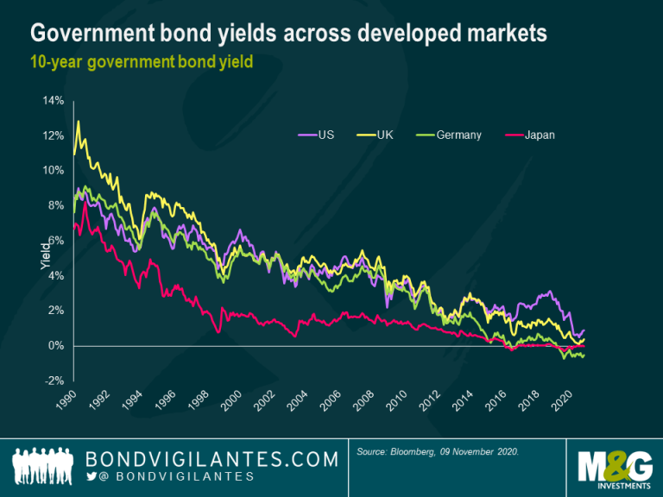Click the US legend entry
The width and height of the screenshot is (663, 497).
click(316, 135)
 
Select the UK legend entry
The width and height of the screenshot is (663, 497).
click(375, 135)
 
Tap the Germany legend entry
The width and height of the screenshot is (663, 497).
click(449, 135)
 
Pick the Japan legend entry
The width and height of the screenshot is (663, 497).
click(530, 135)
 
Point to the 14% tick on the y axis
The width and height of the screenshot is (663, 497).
click(54, 101)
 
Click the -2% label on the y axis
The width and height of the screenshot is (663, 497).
click(54, 381)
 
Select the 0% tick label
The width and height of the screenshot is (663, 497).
click(56, 346)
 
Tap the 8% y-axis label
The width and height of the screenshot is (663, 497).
click(56, 205)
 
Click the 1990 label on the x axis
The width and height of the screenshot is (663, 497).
click(66, 399)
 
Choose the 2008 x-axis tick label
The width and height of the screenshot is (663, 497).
click(363, 400)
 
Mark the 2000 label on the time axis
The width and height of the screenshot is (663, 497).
click(231, 400)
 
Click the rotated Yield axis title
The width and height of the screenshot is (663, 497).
click(45, 256)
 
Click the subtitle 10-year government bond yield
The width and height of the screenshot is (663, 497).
click(142, 62)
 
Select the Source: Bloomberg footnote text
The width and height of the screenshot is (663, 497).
click(438, 452)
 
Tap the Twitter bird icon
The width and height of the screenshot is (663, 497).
click(92, 476)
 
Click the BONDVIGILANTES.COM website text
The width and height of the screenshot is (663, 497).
click(212, 459)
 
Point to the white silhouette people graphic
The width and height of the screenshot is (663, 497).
click(42, 465)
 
